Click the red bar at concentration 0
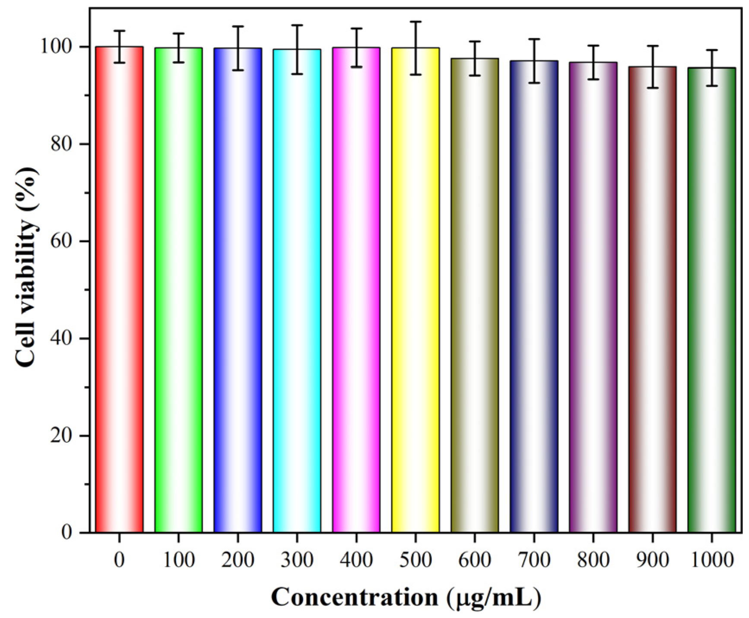point(119,289)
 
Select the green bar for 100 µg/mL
point(178,289)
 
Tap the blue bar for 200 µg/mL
point(238,289)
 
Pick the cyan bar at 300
point(297,289)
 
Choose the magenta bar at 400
point(356,289)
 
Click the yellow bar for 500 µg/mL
point(415,289)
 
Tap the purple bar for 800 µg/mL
point(593,298)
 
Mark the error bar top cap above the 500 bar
point(415,22)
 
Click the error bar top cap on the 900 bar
point(652,46)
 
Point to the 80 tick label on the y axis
point(61,144)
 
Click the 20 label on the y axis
point(61,436)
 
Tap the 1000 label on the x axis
point(711,560)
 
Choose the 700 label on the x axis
point(534,560)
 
